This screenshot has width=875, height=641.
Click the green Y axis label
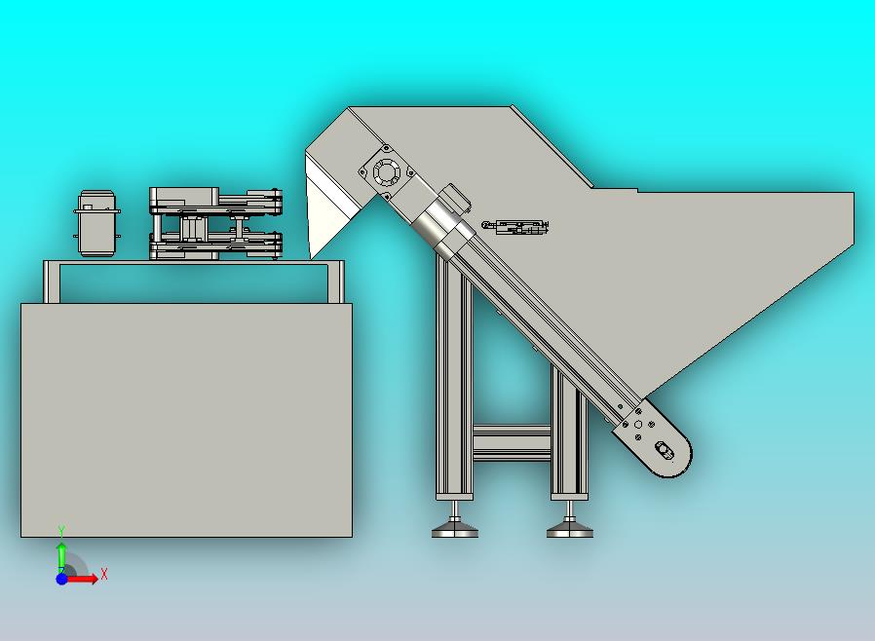click(62, 531)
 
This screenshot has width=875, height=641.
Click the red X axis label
click(104, 574)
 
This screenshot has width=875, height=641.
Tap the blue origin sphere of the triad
click(62, 579)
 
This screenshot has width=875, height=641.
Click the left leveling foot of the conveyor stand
click(455, 527)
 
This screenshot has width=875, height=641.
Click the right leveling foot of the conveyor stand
click(570, 527)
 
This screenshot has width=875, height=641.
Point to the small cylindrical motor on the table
click(97, 223)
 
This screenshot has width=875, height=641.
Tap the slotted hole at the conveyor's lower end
click(664, 448)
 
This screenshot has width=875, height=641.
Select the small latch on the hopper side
click(515, 227)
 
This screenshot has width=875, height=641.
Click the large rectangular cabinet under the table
click(186, 420)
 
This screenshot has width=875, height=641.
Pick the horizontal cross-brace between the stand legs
click(512, 443)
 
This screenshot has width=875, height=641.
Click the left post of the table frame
click(52, 283)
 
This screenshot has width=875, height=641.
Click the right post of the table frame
click(336, 283)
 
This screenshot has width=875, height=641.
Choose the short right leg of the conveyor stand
click(569, 433)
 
